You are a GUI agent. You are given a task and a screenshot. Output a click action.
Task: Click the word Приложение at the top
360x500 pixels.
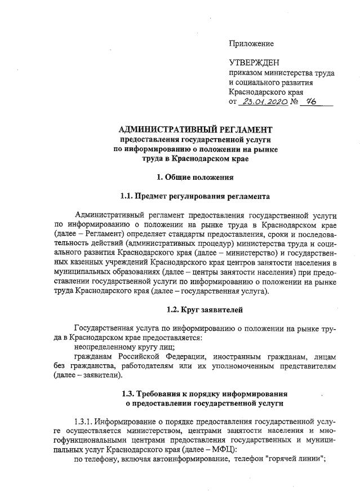click(251, 43)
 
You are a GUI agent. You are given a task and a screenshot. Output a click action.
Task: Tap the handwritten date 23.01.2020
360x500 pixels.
click(263, 102)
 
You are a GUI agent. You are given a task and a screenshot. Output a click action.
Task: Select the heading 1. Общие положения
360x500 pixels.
click(195, 178)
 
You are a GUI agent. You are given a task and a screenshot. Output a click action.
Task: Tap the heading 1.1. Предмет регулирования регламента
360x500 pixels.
click(195, 196)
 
